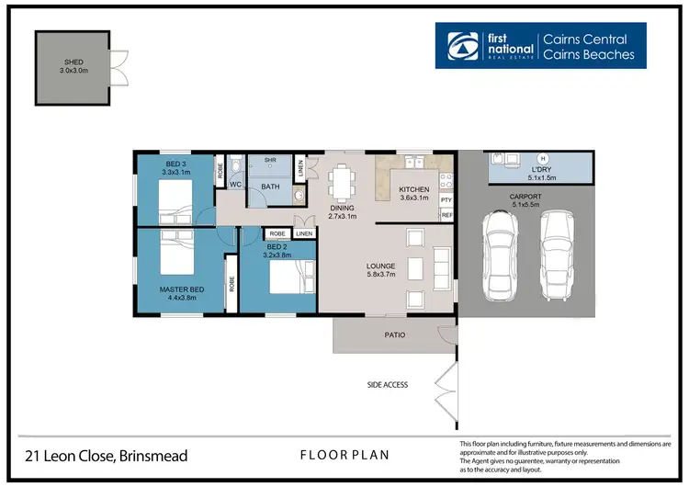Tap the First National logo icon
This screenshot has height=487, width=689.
[459, 46]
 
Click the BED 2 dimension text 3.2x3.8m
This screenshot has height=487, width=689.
[278, 255]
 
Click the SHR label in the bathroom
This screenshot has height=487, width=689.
[270, 161]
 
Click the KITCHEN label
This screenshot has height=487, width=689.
[413, 189]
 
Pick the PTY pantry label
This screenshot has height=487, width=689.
[446, 199]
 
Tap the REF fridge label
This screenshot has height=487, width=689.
[446, 215]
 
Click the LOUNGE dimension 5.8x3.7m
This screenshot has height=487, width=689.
[380, 276]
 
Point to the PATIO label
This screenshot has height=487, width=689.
[394, 335]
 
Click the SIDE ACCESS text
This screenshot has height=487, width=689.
[387, 385]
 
